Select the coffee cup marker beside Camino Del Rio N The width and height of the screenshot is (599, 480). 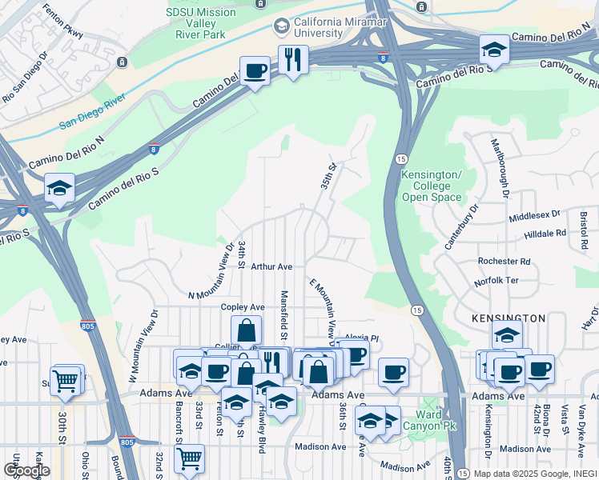255,71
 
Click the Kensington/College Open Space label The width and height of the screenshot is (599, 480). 432,186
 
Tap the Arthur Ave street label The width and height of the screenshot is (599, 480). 271,266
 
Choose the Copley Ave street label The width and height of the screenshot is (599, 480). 243,307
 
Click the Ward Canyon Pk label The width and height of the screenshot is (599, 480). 432,420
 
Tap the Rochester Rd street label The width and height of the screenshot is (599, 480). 504,262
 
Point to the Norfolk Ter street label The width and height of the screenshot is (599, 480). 496,282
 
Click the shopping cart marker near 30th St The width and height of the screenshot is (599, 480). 65,381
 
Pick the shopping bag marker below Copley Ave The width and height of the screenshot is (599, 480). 247,330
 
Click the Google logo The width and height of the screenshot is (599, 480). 26,470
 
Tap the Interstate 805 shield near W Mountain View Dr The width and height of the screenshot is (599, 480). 87,326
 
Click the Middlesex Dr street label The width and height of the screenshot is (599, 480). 535,217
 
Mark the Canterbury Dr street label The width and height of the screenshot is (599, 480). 463,226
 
